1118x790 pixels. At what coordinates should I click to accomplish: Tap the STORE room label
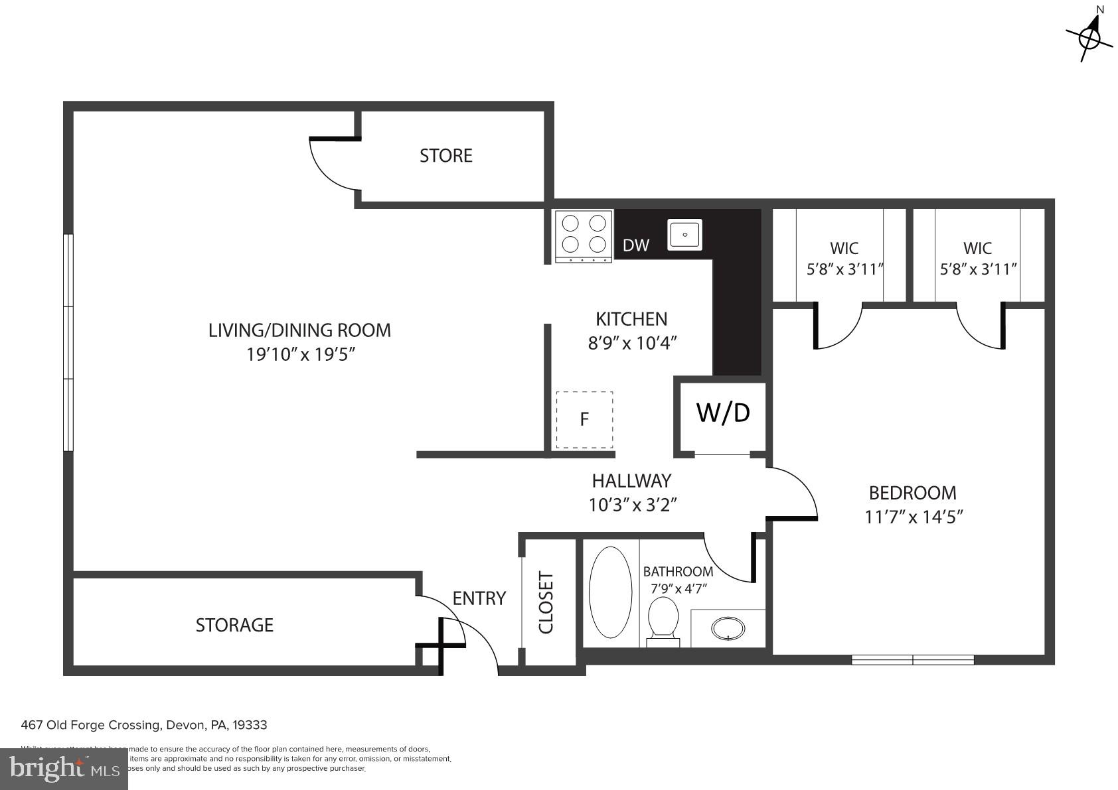click(445, 156)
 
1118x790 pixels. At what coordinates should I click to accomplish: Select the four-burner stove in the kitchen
click(584, 235)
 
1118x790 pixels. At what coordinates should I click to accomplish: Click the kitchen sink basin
click(684, 234)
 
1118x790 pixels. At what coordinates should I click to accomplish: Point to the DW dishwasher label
click(635, 245)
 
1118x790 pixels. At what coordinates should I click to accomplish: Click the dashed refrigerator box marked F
click(584, 419)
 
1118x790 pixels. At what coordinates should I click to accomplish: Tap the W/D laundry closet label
click(723, 413)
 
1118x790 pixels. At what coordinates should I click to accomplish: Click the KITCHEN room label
click(631, 319)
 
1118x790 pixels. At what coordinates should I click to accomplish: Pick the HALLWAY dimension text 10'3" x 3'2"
click(632, 505)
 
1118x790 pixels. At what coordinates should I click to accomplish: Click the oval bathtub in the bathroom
click(611, 592)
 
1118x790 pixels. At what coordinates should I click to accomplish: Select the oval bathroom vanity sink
click(728, 627)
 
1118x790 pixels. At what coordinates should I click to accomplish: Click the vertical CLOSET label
click(546, 602)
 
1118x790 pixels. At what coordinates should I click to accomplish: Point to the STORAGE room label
click(234, 625)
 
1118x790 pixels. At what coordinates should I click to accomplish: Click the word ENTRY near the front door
click(479, 598)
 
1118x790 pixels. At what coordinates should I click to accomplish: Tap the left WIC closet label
click(844, 249)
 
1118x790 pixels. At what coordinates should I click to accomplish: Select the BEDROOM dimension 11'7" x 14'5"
click(914, 517)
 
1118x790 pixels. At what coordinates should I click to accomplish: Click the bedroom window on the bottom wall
click(912, 659)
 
